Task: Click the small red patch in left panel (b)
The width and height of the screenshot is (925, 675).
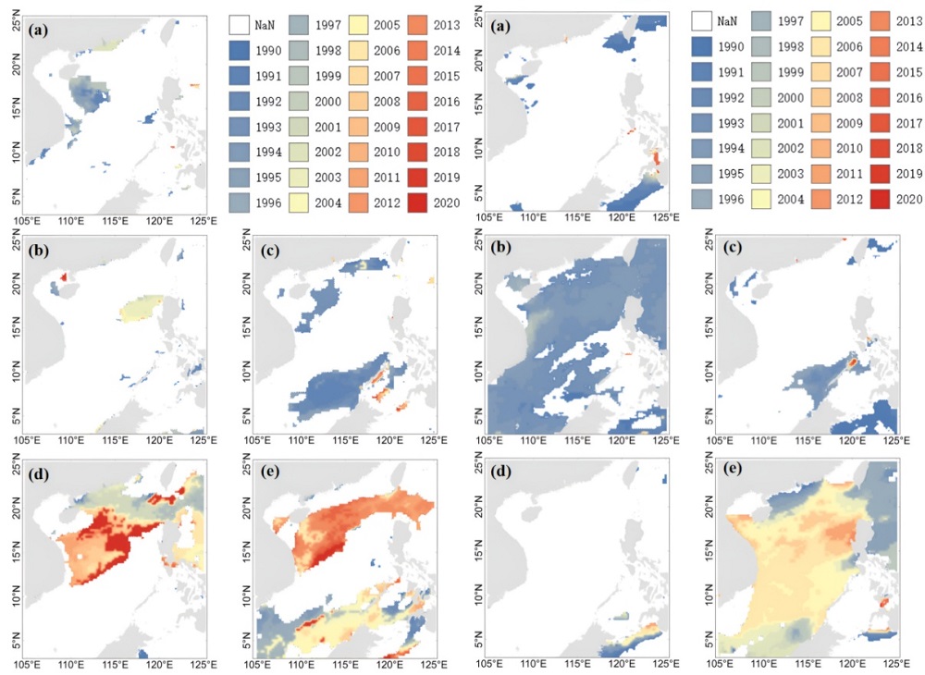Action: tap(64, 276)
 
